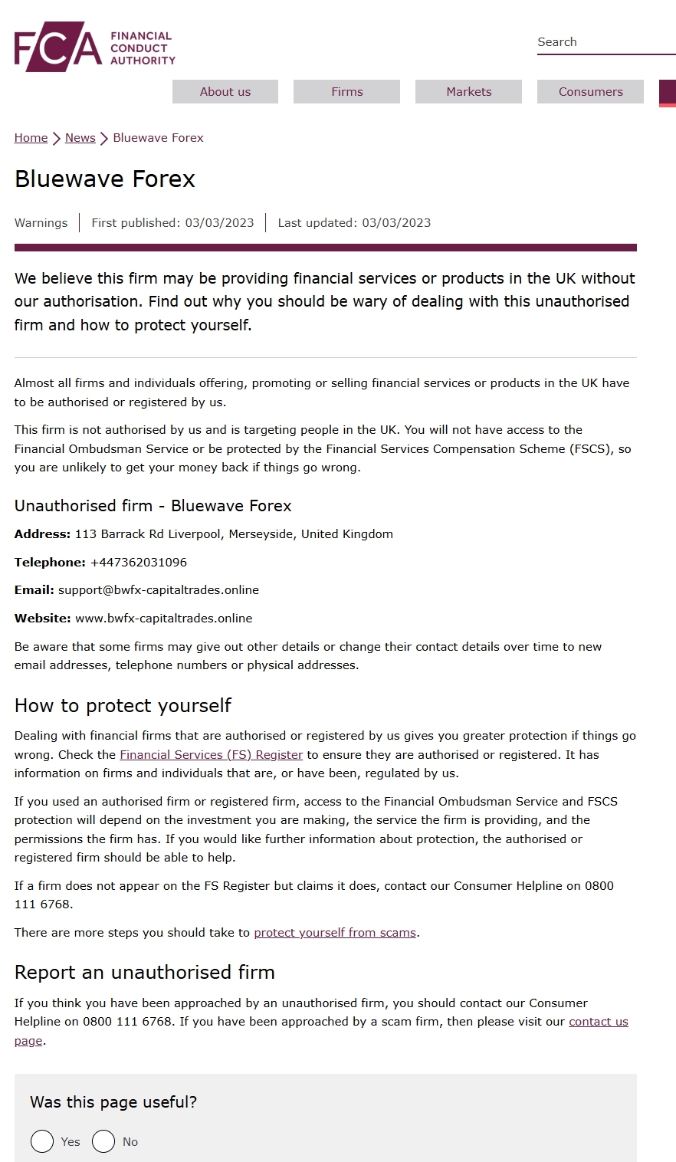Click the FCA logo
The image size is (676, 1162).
click(94, 48)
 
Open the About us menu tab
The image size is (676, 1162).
click(225, 91)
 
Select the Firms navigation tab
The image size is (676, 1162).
click(346, 91)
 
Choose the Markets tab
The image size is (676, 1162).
click(468, 91)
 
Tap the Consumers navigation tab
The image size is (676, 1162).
click(590, 91)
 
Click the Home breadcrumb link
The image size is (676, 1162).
click(31, 138)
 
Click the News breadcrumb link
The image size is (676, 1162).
click(80, 138)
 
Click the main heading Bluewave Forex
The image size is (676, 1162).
click(105, 179)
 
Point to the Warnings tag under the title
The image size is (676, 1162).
click(41, 223)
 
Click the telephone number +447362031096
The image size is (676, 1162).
click(139, 563)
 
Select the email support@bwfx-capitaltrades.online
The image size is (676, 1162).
click(159, 590)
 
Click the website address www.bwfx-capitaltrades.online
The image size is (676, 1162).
click(163, 619)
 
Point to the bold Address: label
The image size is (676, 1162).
click(42, 534)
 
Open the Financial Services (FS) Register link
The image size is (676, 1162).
click(211, 755)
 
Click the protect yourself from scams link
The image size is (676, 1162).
click(335, 933)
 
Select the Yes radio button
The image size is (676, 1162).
click(42, 1141)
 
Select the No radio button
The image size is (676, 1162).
click(103, 1141)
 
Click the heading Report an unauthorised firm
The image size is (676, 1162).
click(144, 973)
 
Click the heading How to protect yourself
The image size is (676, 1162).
click(123, 706)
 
